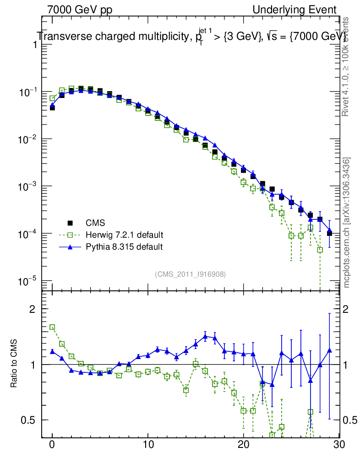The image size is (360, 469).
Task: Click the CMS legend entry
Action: pyautogui.click(x=95, y=223)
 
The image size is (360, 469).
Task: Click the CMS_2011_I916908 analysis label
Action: pyautogui.click(x=190, y=274)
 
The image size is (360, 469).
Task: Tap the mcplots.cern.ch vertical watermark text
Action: pyautogui.click(x=347, y=222)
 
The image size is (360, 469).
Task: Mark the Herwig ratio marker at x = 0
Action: pyautogui.click(x=52, y=327)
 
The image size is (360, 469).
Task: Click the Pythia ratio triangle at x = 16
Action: pyautogui.click(x=205, y=336)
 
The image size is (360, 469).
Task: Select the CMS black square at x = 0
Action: pyautogui.click(x=52, y=108)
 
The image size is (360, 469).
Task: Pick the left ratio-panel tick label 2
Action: pyautogui.click(x=33, y=309)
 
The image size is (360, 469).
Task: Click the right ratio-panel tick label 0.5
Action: pyautogui.click(x=350, y=420)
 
